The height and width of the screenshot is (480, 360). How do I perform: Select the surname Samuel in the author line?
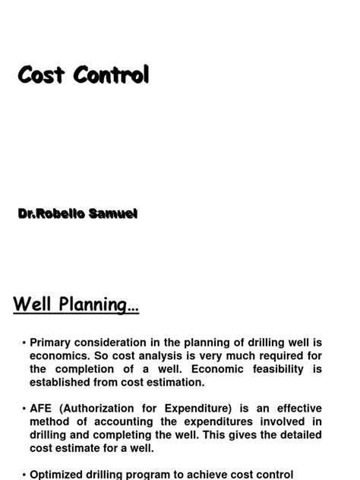[113, 213]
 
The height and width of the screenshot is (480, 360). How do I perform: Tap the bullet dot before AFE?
[24, 409]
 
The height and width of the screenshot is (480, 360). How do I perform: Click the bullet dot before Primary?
[24, 343]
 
